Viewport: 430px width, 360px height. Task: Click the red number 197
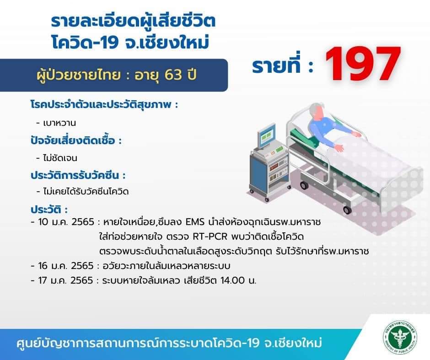[363, 64]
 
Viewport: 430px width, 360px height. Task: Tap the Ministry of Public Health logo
[400, 337]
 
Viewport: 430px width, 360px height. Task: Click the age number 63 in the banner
[173, 74]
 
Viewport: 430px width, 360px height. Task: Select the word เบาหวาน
[59, 123]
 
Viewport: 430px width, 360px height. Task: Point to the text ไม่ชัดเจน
[60, 158]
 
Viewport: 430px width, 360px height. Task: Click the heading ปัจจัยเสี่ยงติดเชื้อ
[73, 140]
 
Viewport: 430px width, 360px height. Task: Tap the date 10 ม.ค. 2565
[66, 222]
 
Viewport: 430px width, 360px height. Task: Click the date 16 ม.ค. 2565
[66, 266]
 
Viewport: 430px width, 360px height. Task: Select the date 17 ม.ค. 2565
[65, 280]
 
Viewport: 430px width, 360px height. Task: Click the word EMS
[195, 221]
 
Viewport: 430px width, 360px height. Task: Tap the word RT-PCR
[210, 236]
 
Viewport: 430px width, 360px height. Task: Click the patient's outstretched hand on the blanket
[339, 148]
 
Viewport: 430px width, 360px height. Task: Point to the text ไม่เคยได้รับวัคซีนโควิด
[86, 191]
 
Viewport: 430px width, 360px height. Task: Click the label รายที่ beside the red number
[276, 65]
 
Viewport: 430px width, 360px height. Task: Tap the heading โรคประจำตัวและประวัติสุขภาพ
[101, 104]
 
